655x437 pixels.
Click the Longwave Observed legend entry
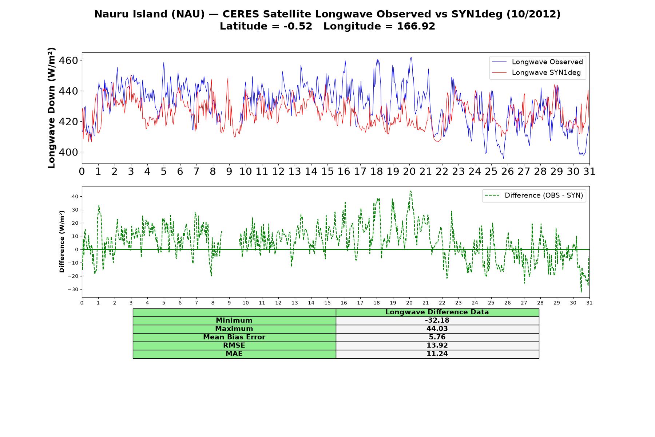pyautogui.click(x=537, y=62)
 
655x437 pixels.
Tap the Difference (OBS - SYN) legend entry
pyautogui.click(x=534, y=196)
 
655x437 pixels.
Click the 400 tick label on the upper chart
pyautogui.click(x=69, y=152)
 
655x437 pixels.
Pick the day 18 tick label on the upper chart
pyautogui.click(x=377, y=172)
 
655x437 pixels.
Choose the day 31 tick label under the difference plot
pyautogui.click(x=589, y=303)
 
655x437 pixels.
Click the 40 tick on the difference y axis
pyautogui.click(x=75, y=197)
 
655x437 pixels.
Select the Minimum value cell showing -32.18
pyautogui.click(x=437, y=320)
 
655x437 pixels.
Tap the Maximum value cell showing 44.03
pyautogui.click(x=437, y=329)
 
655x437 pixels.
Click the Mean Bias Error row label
pyautogui.click(x=234, y=337)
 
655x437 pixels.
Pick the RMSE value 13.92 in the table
pyautogui.click(x=437, y=346)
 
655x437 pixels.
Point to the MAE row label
pyautogui.click(x=234, y=354)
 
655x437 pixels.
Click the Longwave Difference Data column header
pyautogui.click(x=437, y=312)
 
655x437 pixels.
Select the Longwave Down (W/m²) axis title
pyautogui.click(x=51, y=108)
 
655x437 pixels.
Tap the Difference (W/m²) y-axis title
pyautogui.click(x=62, y=242)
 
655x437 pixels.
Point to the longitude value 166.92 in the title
pyautogui.click(x=416, y=26)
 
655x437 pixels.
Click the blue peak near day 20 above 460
pyautogui.click(x=411, y=58)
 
